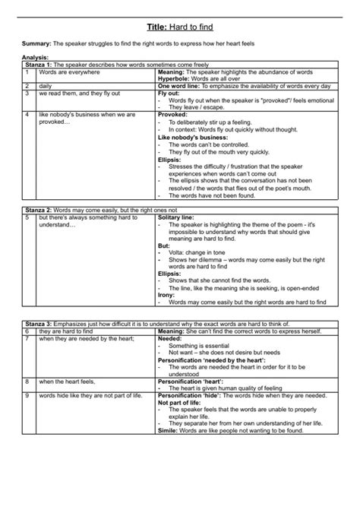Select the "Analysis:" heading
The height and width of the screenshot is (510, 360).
(x=36, y=59)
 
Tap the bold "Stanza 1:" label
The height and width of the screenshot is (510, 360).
(x=37, y=66)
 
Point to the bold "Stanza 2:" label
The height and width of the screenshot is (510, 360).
(x=37, y=208)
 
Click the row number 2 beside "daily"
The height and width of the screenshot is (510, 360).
(x=27, y=87)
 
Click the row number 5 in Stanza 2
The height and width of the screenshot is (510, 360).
(x=27, y=216)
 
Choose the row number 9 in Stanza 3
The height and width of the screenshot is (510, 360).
(x=27, y=395)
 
